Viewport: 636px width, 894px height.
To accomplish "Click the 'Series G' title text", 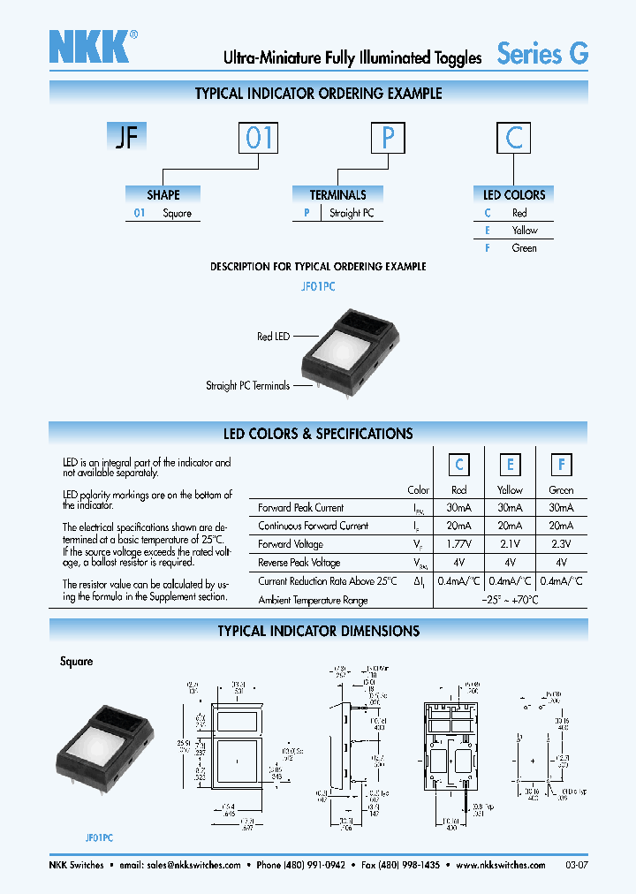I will coord(542,54).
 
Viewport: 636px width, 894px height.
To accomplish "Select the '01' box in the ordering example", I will coord(260,139).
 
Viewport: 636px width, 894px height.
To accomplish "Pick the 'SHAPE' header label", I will coord(163,194).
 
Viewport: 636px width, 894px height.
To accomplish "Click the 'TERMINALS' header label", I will coord(337,194).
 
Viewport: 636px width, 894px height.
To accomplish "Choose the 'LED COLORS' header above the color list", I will coord(514,194).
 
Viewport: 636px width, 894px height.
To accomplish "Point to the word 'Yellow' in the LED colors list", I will coord(525,230).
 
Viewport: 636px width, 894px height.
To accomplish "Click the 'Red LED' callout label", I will coord(273,337).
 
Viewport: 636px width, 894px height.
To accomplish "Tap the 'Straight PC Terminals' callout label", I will coord(247,385).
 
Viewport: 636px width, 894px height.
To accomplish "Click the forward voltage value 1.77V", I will coord(459,544).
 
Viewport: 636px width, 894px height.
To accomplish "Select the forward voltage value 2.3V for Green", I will coord(561,544).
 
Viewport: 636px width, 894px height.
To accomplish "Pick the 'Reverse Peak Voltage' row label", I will coord(299,563).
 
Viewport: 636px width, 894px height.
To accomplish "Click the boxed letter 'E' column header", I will coord(510,465).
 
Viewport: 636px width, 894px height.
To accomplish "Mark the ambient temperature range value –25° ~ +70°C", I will coord(510,600).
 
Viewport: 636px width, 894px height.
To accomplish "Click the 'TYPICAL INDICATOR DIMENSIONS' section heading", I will coord(318,631).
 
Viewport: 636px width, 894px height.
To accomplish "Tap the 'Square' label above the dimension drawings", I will coord(77,661).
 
